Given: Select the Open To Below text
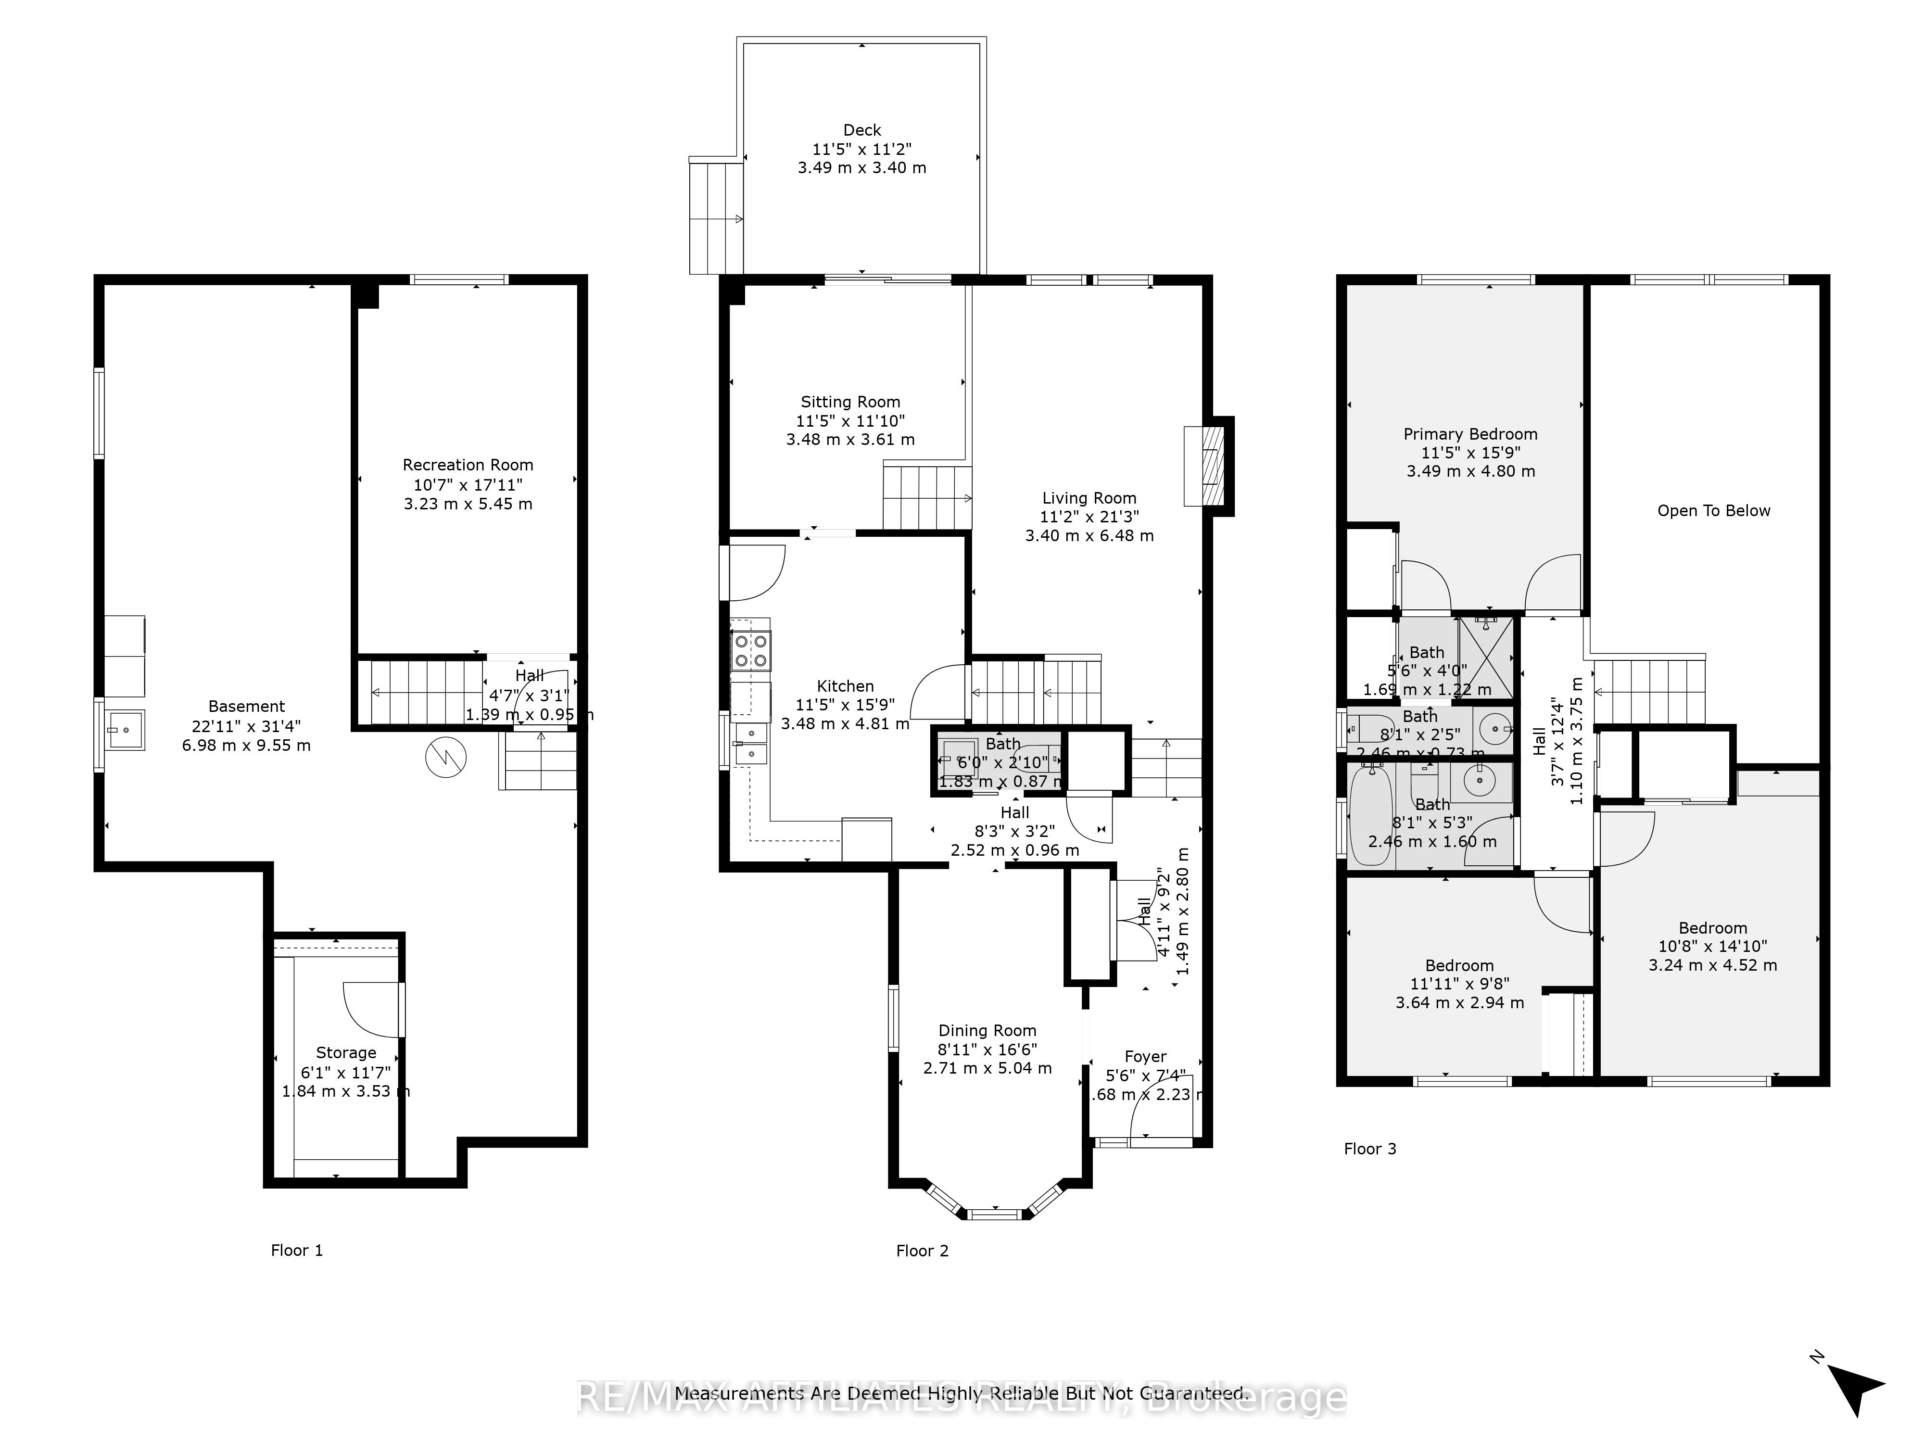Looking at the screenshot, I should [x=1713, y=510].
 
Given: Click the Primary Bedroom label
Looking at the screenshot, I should [x=1470, y=434].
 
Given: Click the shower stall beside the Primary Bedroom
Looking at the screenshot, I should [x=1485, y=657].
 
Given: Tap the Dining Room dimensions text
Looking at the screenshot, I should [x=987, y=1059].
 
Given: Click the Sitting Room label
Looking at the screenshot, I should [x=850, y=402].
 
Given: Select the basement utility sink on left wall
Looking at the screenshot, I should [x=125, y=729].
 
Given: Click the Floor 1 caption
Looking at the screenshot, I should [x=297, y=1251].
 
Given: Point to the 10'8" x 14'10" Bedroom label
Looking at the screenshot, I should [x=1712, y=928].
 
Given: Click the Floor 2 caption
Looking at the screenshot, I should [x=922, y=1251].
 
